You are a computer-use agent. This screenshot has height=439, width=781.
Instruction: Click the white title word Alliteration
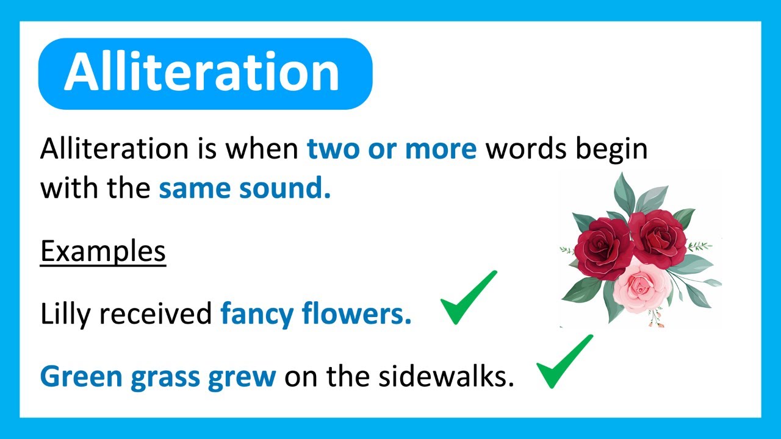(x=201, y=73)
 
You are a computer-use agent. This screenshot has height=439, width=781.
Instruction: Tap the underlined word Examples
(x=103, y=251)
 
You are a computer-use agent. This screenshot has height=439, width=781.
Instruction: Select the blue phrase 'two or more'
(x=392, y=149)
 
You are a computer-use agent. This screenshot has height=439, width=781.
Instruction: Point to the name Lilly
(x=65, y=315)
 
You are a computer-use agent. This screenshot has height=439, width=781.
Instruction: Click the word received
(x=156, y=315)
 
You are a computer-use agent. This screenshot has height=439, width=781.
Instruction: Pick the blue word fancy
(x=257, y=315)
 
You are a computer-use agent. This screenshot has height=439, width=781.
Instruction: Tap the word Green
(x=81, y=377)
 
